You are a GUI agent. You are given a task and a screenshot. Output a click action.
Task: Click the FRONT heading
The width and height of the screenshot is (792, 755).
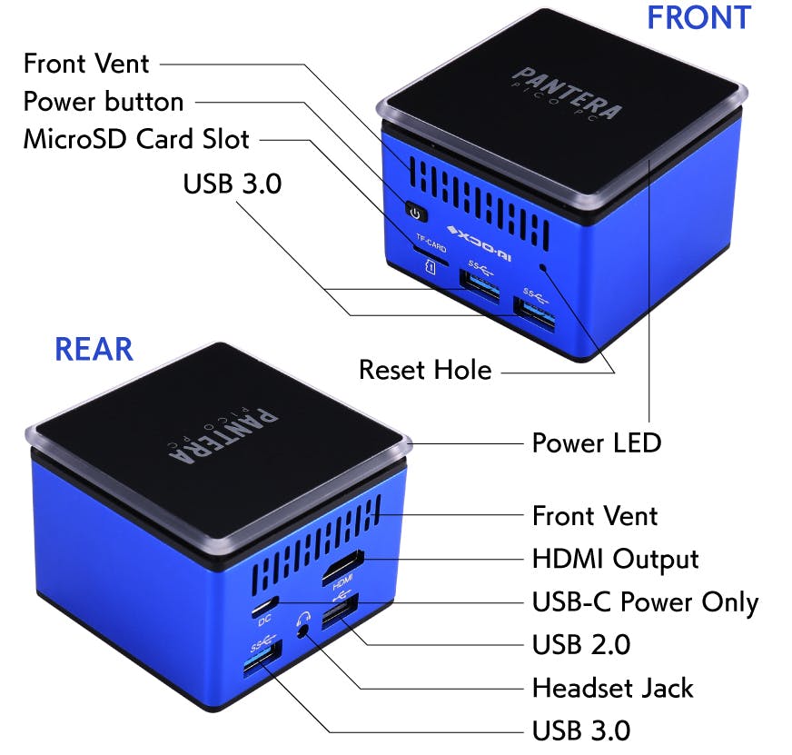[x=698, y=17]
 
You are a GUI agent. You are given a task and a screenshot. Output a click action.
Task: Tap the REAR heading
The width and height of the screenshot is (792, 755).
[x=94, y=349]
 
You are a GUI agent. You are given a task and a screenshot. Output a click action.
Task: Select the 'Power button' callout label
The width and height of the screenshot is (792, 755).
[x=104, y=101]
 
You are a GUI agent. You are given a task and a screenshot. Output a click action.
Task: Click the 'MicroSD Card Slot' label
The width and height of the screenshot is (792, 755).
[x=136, y=139]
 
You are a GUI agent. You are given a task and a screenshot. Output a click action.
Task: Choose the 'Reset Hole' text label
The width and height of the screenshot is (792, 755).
[x=425, y=370]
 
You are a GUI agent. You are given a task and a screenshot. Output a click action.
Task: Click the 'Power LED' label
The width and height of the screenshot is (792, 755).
[x=596, y=443]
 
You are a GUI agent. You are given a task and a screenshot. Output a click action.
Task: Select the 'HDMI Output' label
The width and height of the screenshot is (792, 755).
[x=615, y=559]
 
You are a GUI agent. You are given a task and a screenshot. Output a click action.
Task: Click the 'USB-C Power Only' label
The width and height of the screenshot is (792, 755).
[x=645, y=601]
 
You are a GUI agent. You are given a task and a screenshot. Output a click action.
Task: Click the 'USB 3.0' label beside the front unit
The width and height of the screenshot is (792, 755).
[x=233, y=184]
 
